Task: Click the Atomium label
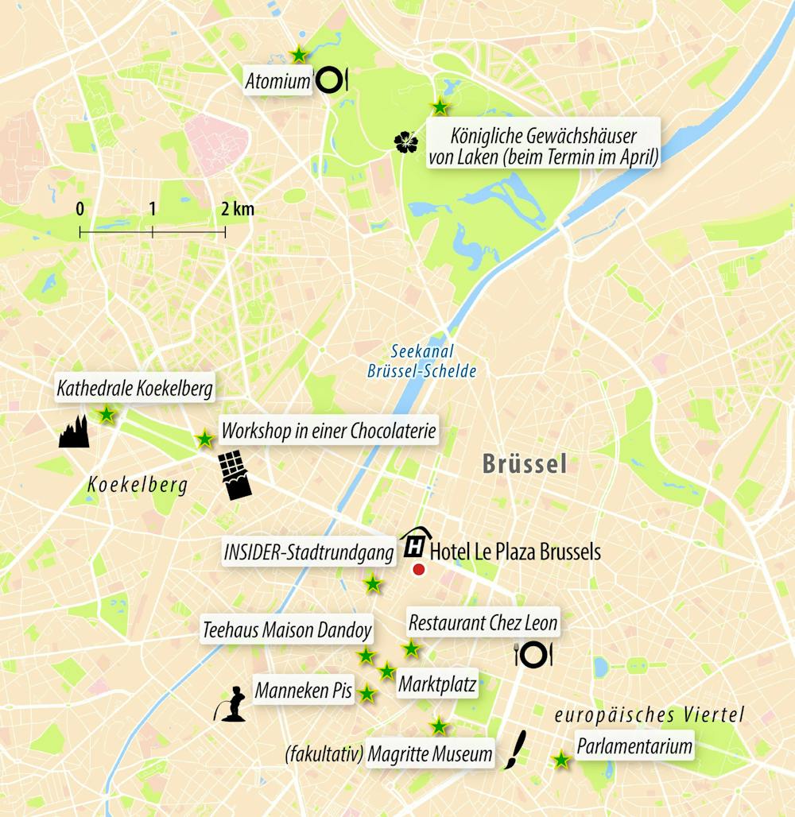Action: [277, 81]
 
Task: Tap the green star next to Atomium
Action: [298, 55]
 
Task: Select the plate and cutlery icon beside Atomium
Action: [331, 79]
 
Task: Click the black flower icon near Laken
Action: [405, 142]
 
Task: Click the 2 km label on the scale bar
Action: [238, 210]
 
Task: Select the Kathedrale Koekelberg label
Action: [135, 389]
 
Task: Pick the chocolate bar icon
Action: [235, 475]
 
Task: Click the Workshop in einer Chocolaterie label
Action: [329, 432]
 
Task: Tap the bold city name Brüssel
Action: [525, 464]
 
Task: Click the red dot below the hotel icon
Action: [419, 569]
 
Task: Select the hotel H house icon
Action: [414, 544]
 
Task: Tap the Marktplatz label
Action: [437, 684]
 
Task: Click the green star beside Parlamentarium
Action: [561, 760]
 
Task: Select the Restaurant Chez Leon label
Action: [483, 623]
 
